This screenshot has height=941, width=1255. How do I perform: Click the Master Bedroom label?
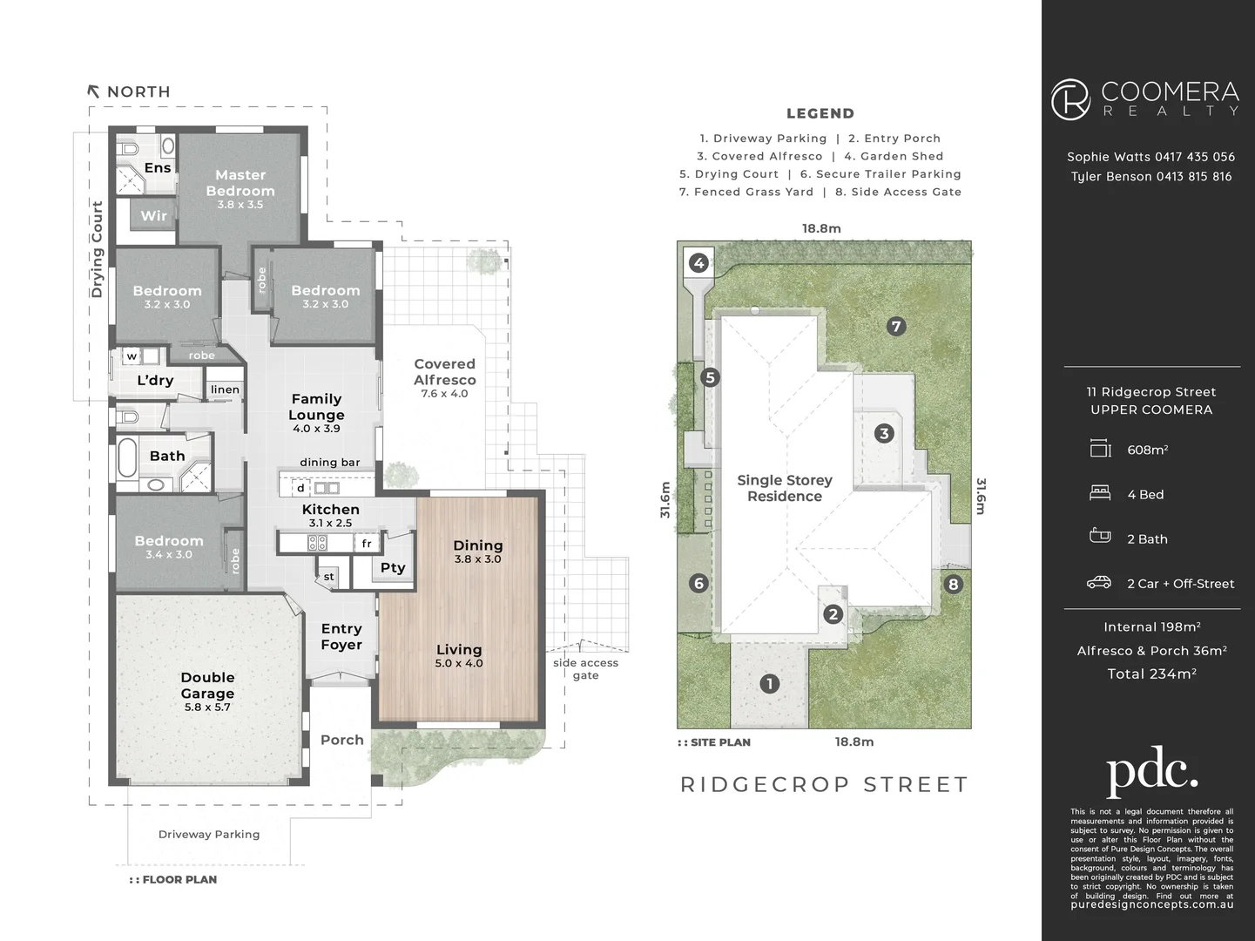click(240, 182)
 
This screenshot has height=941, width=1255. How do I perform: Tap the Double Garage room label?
click(207, 686)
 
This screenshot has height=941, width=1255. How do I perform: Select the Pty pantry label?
click(393, 567)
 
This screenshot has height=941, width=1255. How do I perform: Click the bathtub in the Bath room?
click(127, 457)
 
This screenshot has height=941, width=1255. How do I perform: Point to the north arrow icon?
click(93, 91)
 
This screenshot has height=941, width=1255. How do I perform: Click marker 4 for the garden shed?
click(698, 263)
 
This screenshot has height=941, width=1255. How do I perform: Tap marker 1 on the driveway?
click(770, 684)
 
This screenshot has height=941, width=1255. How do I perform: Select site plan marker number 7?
click(896, 327)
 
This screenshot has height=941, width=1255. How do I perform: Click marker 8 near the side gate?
click(953, 584)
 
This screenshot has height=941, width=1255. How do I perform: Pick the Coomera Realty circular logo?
click(1070, 99)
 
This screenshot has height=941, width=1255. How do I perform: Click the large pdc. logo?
click(1152, 772)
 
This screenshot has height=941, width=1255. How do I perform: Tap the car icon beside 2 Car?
click(1099, 582)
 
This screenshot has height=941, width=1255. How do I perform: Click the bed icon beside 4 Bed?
click(1100, 493)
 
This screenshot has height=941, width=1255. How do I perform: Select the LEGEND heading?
click(820, 113)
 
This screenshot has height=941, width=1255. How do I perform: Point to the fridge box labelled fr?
click(367, 544)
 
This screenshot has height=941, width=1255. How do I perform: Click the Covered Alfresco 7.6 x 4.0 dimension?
click(444, 394)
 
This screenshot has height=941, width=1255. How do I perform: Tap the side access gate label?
click(585, 668)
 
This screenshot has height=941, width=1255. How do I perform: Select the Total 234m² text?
click(1152, 674)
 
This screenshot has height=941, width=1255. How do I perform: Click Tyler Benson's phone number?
click(1194, 176)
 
